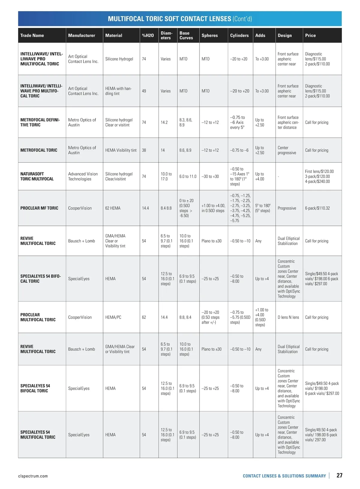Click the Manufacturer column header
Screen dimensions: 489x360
click(82, 35)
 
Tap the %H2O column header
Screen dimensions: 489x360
click(148, 35)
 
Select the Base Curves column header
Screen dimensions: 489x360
click(186, 35)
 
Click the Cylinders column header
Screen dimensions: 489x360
click(239, 35)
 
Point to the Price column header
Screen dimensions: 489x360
click(310, 35)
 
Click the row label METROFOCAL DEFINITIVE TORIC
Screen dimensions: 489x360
click(40, 122)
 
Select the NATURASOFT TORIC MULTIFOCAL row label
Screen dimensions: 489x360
click(37, 176)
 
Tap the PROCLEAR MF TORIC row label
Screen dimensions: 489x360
click(39, 208)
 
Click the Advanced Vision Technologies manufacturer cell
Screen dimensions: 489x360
click(83, 176)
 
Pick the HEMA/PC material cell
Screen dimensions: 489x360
click(113, 317)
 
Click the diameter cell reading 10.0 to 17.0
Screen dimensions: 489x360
click(166, 176)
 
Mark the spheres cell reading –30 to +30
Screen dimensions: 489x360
click(210, 176)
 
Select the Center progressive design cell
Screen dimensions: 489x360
click(287, 150)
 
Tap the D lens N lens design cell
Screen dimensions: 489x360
click(288, 317)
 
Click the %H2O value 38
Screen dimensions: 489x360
click(144, 150)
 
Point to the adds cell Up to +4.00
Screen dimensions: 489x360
click(260, 176)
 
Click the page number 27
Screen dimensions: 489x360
click(339, 475)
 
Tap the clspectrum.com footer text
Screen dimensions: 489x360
click(33, 476)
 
